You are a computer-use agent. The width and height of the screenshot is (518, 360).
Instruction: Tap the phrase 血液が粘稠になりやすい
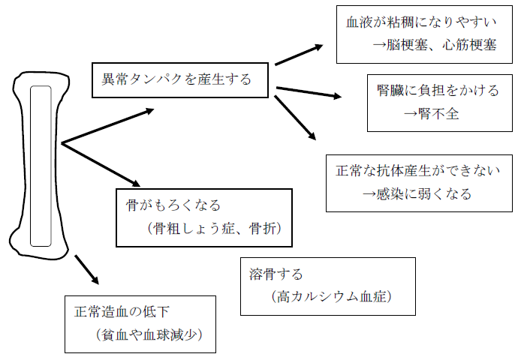click(421, 21)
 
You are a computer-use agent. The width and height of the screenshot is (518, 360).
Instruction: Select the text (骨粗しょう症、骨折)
click(214, 229)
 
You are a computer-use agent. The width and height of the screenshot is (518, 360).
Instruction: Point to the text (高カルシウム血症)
click(328, 297)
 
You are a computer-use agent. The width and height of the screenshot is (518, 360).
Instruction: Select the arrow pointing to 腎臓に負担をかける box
click(308, 93)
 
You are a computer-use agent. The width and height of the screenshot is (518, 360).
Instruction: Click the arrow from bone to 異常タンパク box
click(107, 125)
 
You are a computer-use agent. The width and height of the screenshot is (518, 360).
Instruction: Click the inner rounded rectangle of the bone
click(41, 165)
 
